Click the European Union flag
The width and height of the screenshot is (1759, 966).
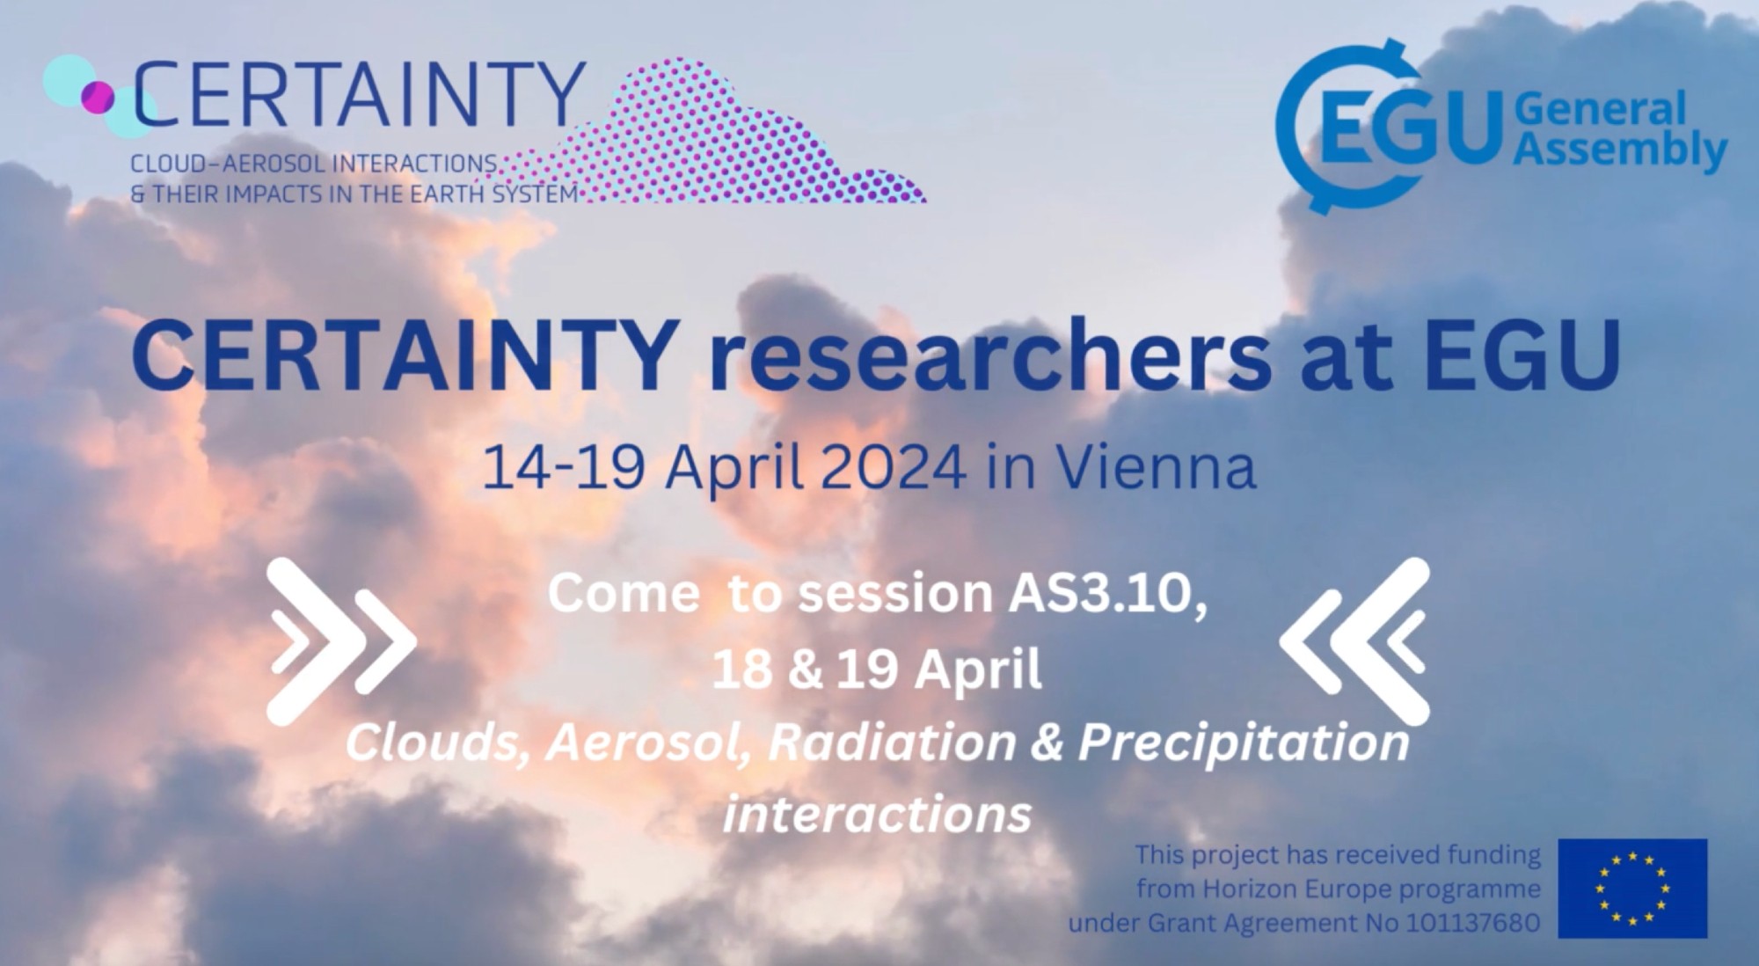click(x=1632, y=888)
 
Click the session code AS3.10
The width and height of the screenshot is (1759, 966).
click(x=1108, y=594)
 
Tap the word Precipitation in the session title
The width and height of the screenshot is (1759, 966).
click(x=1244, y=744)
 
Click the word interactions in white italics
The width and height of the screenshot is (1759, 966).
click(x=877, y=814)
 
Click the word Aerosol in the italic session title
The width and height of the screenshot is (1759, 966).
click(x=647, y=743)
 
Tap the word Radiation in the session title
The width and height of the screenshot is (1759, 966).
click(x=892, y=743)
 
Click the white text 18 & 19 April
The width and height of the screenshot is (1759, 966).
click(x=877, y=670)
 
